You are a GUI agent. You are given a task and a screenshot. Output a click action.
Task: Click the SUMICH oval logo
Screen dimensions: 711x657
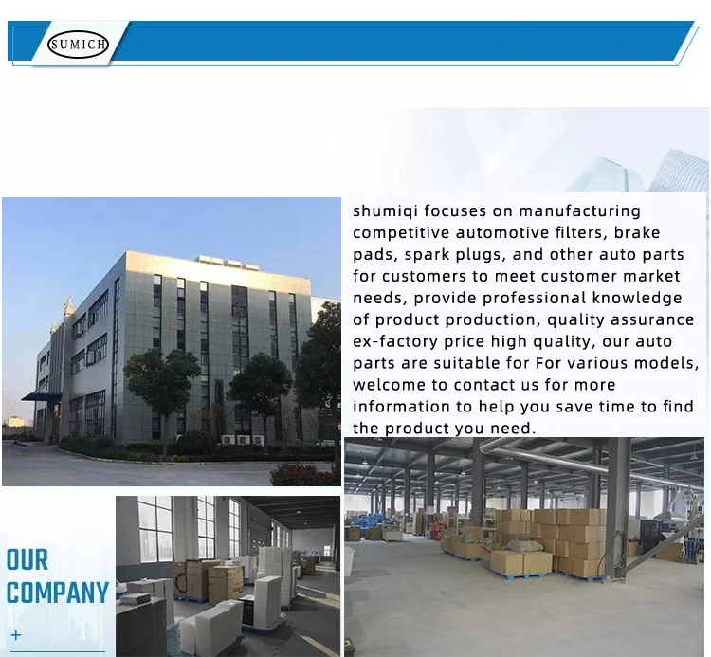(78, 45)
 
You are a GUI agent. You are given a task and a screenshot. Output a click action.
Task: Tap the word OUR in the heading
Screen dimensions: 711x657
(27, 560)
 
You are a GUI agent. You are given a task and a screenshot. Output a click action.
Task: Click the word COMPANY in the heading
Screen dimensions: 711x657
(58, 593)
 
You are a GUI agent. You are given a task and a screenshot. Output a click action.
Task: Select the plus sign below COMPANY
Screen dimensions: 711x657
(16, 635)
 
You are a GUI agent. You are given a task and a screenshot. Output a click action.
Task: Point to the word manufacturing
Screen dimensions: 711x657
(579, 211)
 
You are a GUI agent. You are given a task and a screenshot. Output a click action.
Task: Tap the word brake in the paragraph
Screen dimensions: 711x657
(637, 232)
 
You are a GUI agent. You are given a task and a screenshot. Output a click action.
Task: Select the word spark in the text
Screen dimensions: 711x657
(428, 255)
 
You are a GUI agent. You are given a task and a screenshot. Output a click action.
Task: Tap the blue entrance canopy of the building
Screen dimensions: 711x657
(42, 396)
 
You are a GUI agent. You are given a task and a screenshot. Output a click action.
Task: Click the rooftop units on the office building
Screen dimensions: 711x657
(227, 263)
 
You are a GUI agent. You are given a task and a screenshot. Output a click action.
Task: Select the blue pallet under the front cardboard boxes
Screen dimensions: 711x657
(520, 575)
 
